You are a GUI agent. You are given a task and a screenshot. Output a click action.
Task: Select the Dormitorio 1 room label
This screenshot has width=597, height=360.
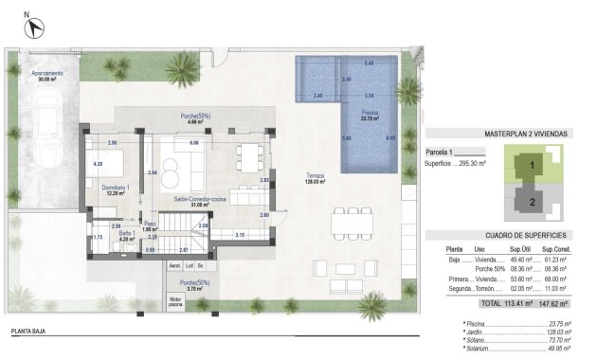point(115,189)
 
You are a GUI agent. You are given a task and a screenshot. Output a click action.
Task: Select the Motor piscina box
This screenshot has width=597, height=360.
point(175,301)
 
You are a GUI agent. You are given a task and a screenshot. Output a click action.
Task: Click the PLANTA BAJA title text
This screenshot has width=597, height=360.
point(30,332)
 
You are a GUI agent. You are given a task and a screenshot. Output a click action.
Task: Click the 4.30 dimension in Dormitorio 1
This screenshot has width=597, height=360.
point(98,164)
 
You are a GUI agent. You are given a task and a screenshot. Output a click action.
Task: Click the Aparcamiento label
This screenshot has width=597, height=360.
point(47,73)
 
